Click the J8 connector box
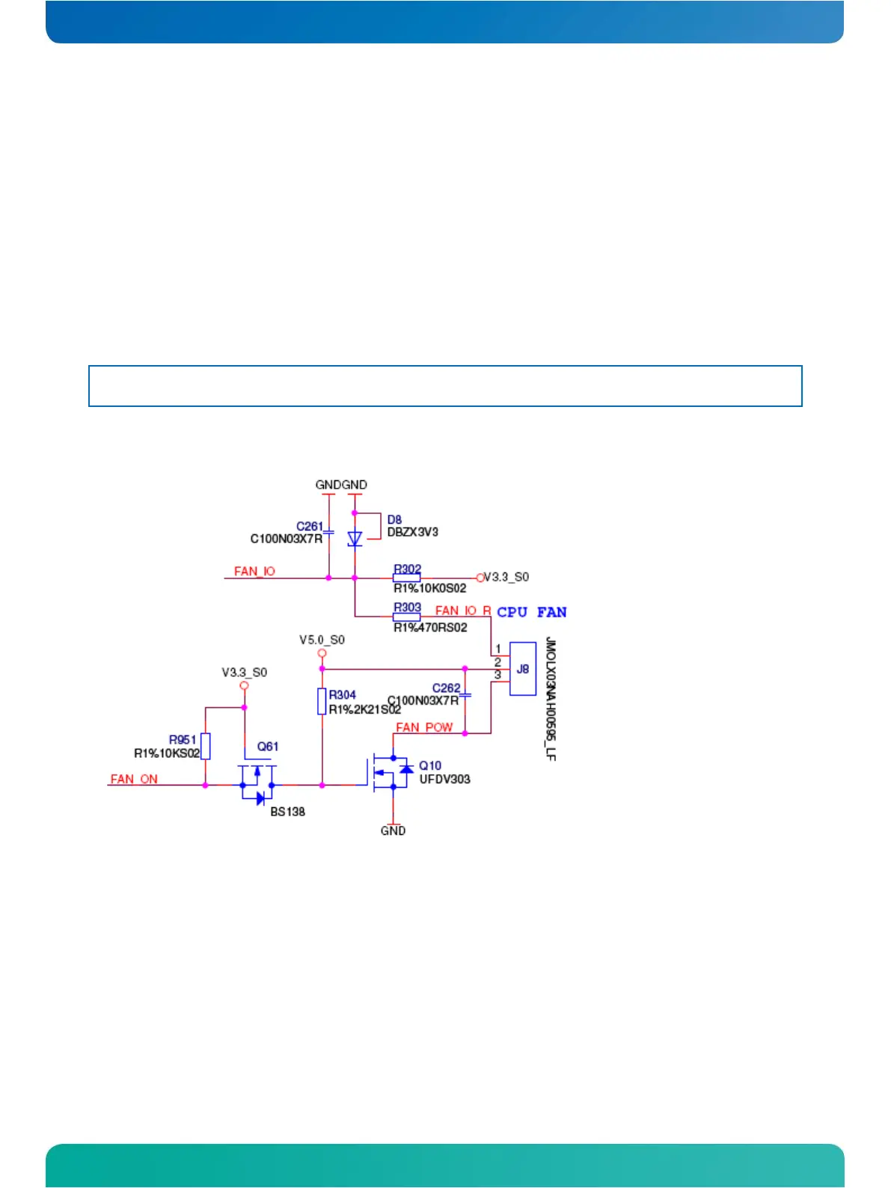[x=522, y=669]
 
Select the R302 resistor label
[x=408, y=569]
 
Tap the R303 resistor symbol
[x=406, y=617]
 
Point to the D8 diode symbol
[x=355, y=539]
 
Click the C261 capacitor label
[x=310, y=527]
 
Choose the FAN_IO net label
[x=254, y=572]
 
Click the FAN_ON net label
[x=134, y=779]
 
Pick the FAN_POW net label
[x=424, y=727]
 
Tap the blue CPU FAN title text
[x=532, y=612]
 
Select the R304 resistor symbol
[x=322, y=702]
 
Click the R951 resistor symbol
[x=206, y=747]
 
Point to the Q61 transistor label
[x=268, y=747]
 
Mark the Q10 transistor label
[x=430, y=765]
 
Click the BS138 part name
[x=287, y=812]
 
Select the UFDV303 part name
[x=444, y=780]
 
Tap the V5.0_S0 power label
[x=322, y=640]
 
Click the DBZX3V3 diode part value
[x=412, y=533]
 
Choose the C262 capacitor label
[x=447, y=688]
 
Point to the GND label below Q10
[x=393, y=831]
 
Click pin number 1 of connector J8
[x=498, y=649]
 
